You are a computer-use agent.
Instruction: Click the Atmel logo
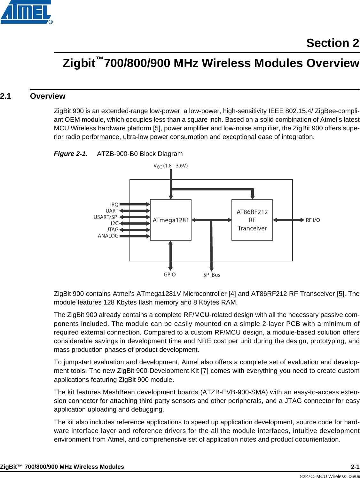(x=26, y=12)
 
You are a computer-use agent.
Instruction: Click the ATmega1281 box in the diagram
(x=171, y=220)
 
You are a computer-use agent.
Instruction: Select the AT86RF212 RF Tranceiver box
(x=252, y=220)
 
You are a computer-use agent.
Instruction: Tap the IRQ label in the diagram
(x=114, y=204)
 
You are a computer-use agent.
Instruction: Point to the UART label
(x=112, y=211)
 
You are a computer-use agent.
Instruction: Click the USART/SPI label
(x=106, y=217)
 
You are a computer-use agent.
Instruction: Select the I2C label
(x=114, y=223)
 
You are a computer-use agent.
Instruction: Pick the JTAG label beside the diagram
(x=113, y=229)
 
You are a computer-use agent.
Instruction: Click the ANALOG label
(x=108, y=236)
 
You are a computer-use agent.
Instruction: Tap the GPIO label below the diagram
(x=169, y=274)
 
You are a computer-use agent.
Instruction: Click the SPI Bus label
(x=212, y=275)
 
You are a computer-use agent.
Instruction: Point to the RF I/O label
(x=313, y=220)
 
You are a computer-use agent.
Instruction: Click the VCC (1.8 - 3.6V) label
(x=170, y=166)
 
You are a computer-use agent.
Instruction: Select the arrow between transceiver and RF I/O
(x=289, y=220)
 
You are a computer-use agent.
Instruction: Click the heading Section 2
(x=333, y=43)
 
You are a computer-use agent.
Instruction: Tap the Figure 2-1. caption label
(x=70, y=154)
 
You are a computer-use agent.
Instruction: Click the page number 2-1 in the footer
(x=355, y=466)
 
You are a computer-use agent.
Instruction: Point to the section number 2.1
(x=6, y=96)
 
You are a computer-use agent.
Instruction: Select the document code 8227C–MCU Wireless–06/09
(x=330, y=476)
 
